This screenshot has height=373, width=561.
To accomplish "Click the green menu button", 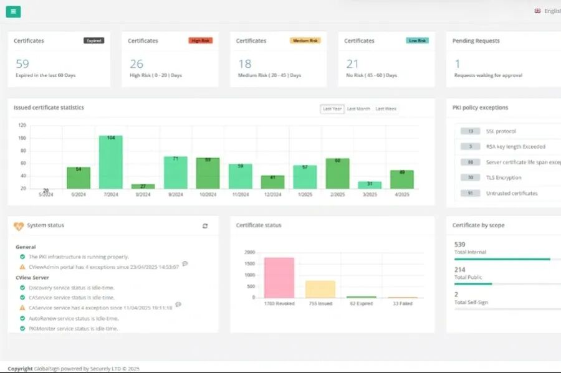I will coord(14,11).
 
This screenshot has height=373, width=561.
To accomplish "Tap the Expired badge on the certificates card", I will coord(94,40).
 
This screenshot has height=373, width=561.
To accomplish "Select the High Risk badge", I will coord(200,40).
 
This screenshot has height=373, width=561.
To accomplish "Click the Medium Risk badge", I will coord(305,40).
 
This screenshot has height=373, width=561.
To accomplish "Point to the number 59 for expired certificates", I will coord(22,64).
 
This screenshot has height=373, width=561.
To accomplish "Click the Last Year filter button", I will coord(332,108).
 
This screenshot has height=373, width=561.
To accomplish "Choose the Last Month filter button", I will coord(358,108).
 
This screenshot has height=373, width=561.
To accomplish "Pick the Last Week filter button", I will coord(385,108).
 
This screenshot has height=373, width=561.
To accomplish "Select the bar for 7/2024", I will coord(111,162).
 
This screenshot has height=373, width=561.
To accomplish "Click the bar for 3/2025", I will coord(370,185).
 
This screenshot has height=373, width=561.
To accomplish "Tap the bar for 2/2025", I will coord(337,173).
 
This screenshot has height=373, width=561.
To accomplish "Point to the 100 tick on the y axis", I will coord(22,138).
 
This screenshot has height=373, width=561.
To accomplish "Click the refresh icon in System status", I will coord(205,225).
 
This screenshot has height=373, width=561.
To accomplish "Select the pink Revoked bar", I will coord(279,277).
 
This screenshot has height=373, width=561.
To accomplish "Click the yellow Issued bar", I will coord(320,289).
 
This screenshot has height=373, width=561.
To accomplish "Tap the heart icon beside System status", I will coord(19,225).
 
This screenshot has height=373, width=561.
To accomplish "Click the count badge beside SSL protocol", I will coord(470,131).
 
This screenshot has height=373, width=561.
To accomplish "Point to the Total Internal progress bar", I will coord(502,259).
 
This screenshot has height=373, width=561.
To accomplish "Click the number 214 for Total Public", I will coord(461,270).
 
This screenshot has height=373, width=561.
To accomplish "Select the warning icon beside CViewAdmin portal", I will coord(22,267).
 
